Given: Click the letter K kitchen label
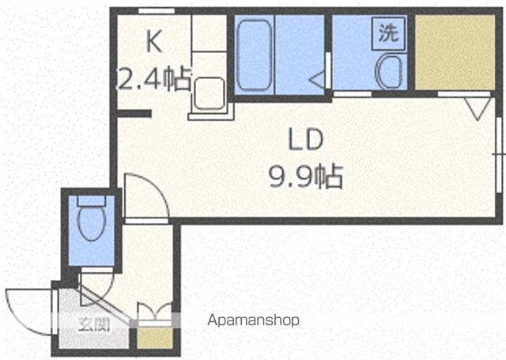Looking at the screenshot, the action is [x=154, y=41].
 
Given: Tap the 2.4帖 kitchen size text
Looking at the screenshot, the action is [x=153, y=79].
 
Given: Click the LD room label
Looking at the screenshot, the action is [x=306, y=139].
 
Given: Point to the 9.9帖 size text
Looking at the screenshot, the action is [x=306, y=176].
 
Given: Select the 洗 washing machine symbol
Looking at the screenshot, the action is [x=388, y=33].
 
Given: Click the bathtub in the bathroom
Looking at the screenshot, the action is [x=254, y=55].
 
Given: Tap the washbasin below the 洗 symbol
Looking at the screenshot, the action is [x=389, y=72].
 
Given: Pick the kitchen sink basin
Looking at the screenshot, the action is [x=210, y=93].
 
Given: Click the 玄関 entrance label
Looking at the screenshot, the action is [x=94, y=324].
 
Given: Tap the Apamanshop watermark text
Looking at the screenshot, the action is [x=253, y=320].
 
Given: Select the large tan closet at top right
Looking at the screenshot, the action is [x=455, y=52].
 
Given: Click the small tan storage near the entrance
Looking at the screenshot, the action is [x=155, y=338].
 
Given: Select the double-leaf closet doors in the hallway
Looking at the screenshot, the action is [x=155, y=311].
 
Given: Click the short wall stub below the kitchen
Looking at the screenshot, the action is [x=134, y=114].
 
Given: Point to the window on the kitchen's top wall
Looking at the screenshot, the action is [x=157, y=11].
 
